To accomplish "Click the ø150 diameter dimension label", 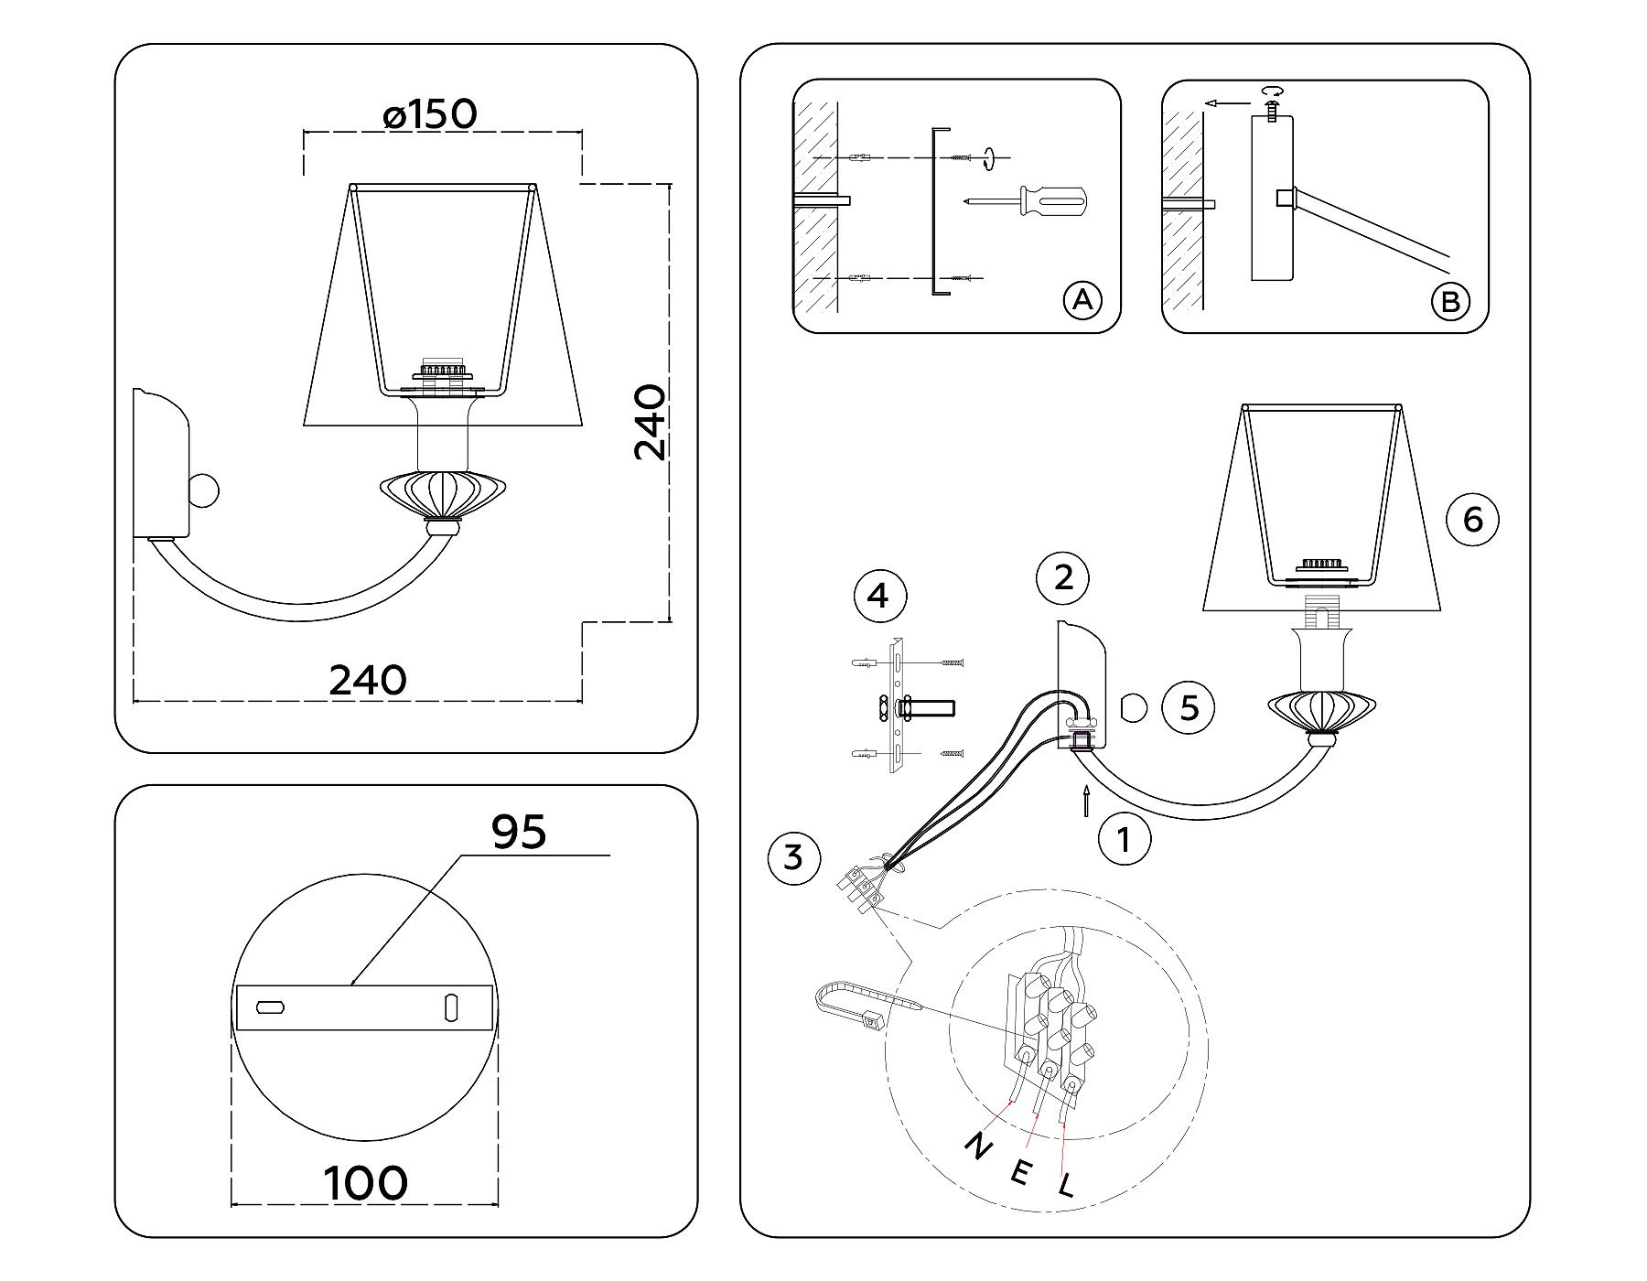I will pyautogui.click(x=430, y=115).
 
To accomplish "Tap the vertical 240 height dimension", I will pyautogui.click(x=651, y=422).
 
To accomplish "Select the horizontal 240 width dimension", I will pyautogui.click(x=368, y=681).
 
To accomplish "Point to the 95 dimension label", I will pyautogui.click(x=519, y=832).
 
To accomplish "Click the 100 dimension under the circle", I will pyautogui.click(x=366, y=1183).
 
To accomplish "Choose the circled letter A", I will pyautogui.click(x=1082, y=300).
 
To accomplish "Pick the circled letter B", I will pyautogui.click(x=1450, y=301).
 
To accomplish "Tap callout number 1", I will pyautogui.click(x=1125, y=839).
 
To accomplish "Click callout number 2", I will pyautogui.click(x=1063, y=577).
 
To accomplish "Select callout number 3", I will pyautogui.click(x=793, y=858).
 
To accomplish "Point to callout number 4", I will pyautogui.click(x=878, y=597).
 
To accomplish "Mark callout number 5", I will pyautogui.click(x=1189, y=707).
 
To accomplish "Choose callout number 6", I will pyautogui.click(x=1472, y=520).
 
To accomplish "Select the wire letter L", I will pyautogui.click(x=1066, y=1188).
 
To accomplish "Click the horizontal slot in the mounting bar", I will pyautogui.click(x=271, y=1007).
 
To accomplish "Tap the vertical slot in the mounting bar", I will pyautogui.click(x=451, y=1007).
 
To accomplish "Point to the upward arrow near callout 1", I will pyautogui.click(x=1086, y=799).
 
